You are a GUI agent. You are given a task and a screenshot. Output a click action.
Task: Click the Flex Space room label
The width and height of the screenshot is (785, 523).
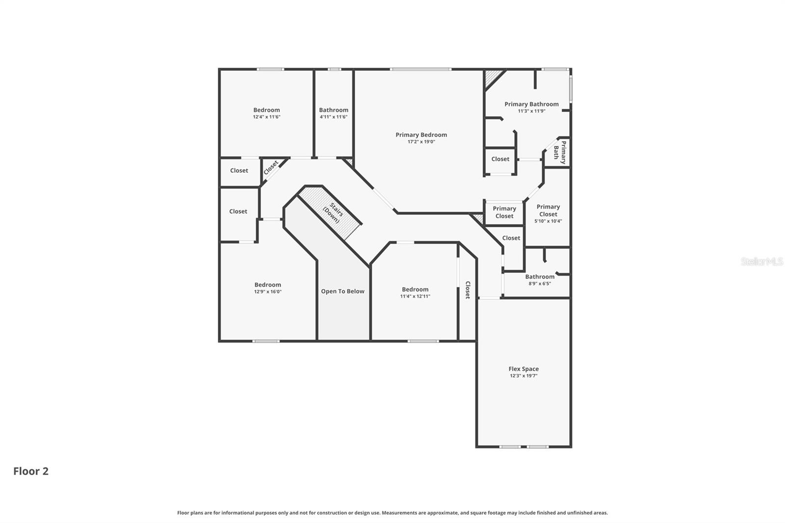[x=523, y=369]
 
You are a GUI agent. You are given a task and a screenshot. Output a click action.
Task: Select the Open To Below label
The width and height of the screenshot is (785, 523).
[x=342, y=291]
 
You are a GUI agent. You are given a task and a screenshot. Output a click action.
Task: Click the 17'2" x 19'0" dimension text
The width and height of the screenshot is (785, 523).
[x=421, y=142]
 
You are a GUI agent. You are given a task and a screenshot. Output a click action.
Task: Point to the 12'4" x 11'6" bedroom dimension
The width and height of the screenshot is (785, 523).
[x=266, y=117]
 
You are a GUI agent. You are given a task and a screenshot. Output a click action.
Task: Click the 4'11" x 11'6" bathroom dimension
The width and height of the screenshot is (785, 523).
[x=334, y=117]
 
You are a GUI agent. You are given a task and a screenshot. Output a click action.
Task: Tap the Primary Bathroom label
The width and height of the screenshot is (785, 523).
[x=531, y=104]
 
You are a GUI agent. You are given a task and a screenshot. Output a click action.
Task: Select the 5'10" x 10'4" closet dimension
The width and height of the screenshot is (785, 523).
[x=548, y=221]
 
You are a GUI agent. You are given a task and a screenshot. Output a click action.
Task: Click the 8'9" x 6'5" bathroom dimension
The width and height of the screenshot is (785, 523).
[x=540, y=284]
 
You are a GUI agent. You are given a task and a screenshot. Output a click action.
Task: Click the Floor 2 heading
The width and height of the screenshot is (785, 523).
[x=31, y=471]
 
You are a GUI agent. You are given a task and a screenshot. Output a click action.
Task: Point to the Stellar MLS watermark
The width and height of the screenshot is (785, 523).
[x=761, y=262]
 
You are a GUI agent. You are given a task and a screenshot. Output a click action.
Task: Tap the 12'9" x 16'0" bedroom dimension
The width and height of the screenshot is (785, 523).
[x=267, y=292]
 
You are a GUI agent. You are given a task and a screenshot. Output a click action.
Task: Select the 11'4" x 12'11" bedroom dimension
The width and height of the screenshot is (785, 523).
[x=415, y=296]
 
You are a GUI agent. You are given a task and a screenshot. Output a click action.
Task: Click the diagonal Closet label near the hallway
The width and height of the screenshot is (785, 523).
[x=271, y=167]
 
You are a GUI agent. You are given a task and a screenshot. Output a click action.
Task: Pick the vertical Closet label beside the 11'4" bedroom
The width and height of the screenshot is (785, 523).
[x=468, y=290]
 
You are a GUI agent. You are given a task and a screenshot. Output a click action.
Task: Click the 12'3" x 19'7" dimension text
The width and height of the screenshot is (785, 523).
[x=523, y=376]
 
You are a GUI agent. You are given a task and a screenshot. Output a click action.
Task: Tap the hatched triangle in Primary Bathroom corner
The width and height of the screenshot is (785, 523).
[x=492, y=77]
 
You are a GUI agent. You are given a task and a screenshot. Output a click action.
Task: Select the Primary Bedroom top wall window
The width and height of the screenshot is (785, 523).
[x=420, y=69]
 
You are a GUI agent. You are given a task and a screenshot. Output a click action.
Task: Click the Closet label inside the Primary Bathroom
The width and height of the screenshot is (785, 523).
[x=500, y=159]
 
